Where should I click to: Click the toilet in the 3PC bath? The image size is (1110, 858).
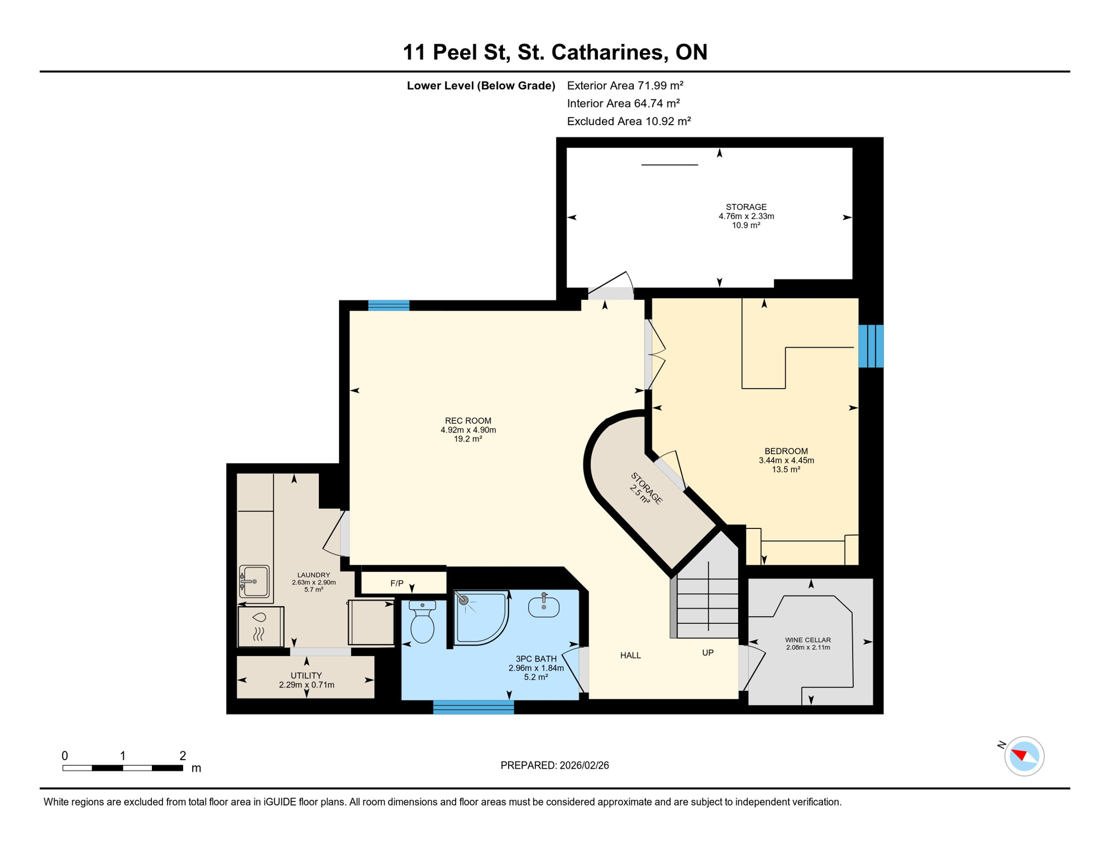pos(423,623)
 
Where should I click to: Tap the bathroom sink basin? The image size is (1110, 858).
pos(544,607)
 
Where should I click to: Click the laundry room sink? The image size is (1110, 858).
pos(255,581)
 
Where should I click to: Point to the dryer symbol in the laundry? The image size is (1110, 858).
pos(260,627)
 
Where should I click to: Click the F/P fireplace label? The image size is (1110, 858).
pos(397,584)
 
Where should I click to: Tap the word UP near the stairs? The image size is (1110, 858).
pos(707,652)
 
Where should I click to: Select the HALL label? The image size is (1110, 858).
pos(630,655)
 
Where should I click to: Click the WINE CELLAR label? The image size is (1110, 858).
pos(807,640)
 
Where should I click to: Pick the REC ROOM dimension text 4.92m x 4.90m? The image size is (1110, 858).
pos(468,430)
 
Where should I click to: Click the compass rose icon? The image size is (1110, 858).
pos(1023,756)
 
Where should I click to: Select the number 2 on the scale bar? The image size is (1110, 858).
pos(183,756)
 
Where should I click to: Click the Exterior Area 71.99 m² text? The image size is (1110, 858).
pos(625,85)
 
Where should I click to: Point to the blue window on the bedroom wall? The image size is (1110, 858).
pos(870,346)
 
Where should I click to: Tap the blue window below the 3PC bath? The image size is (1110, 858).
pos(473,707)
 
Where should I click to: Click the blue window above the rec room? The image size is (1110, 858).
pos(389,305)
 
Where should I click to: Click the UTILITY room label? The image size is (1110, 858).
pos(306,675)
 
